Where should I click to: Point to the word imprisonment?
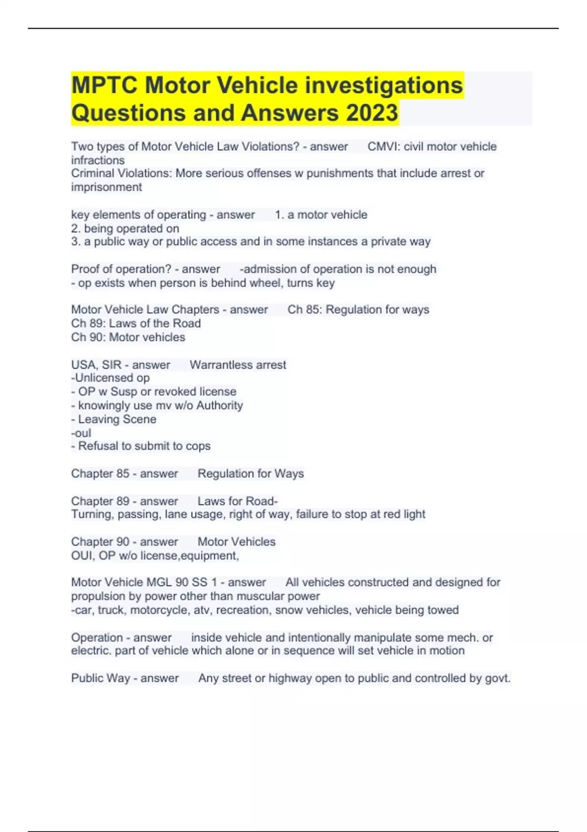107,187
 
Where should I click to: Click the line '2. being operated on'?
125,228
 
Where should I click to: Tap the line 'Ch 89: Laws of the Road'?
136,323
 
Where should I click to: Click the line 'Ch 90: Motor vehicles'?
128,337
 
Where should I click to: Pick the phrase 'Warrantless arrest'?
238,365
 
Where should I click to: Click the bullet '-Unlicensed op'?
111,378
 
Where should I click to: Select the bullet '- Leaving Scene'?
114,419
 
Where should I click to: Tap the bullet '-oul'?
81,433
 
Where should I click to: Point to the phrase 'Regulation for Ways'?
250,473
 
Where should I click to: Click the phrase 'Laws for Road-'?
237,501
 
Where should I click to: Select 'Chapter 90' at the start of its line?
100,542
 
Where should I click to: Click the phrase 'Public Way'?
101,678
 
